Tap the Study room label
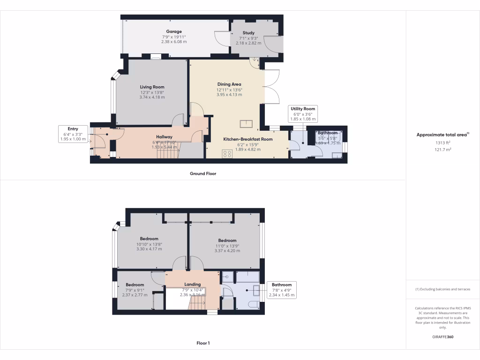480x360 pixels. [x=248, y=33]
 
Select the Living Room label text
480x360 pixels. [x=152, y=87]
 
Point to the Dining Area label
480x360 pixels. [x=229, y=84]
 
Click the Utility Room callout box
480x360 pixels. [x=303, y=114]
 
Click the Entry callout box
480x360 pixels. [x=73, y=134]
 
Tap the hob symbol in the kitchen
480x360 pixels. [x=228, y=153]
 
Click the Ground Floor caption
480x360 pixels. [x=203, y=173]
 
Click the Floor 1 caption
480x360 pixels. [x=203, y=343]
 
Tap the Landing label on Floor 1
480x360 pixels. [x=192, y=284]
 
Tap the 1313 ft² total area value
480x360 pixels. [x=442, y=143]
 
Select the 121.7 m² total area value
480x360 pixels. [x=442, y=150]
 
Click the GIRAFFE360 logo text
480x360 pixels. [x=442, y=337]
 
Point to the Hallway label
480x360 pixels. [x=164, y=136]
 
